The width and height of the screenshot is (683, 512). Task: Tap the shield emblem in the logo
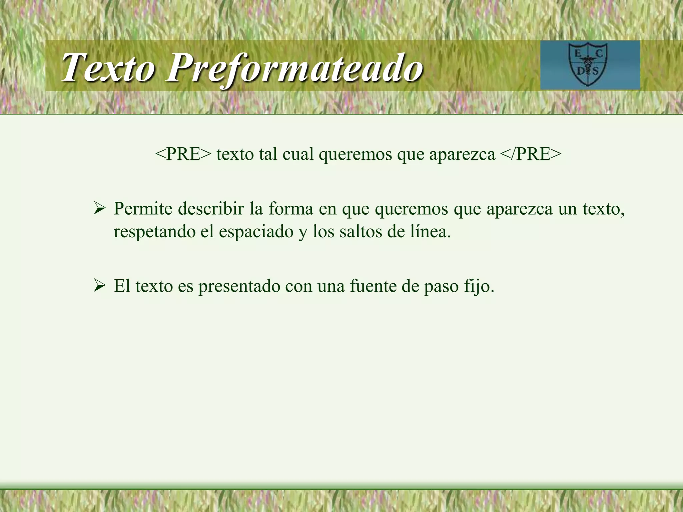588,64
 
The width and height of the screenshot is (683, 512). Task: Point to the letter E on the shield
577,53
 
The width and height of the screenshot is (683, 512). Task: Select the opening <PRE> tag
183,154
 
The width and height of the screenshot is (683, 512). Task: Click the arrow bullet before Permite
99,209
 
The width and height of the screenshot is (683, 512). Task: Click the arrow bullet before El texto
99,286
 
